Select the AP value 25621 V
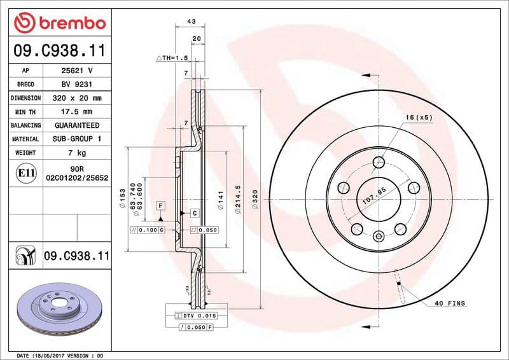(x=77, y=71)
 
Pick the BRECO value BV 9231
(x=77, y=85)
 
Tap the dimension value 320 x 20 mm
(x=77, y=99)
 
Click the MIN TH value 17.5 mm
(x=77, y=112)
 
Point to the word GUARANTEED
(x=77, y=125)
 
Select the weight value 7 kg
(x=77, y=153)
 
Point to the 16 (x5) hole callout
(x=419, y=118)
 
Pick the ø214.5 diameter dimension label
(x=237, y=199)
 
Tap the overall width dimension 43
(x=190, y=21)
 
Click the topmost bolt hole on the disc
(x=379, y=161)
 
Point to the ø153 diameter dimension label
(x=121, y=199)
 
